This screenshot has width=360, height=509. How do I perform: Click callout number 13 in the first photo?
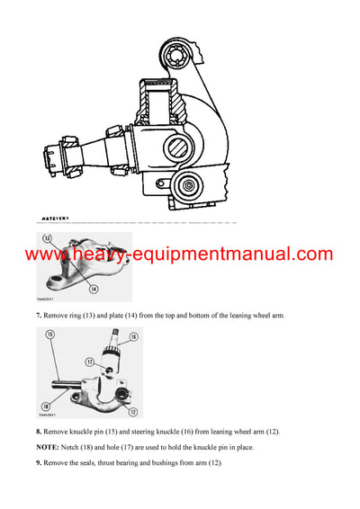point(45,240)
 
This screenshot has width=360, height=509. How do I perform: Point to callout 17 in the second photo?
point(90,362)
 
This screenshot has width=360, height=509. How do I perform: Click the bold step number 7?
point(39,317)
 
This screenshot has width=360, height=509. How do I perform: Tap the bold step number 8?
point(39,433)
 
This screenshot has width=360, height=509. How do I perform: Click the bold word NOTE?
point(49,447)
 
